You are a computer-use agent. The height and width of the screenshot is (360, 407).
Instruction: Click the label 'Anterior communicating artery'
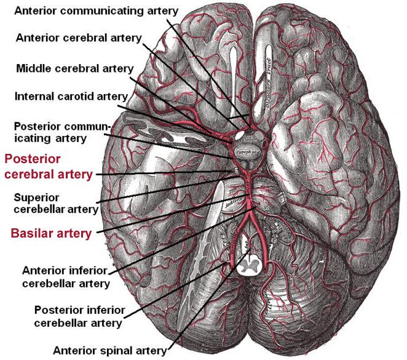[x=97, y=11]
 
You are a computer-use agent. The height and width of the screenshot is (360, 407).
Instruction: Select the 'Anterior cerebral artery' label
[x=78, y=38]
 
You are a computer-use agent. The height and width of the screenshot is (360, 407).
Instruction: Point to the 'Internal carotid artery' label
[x=71, y=96]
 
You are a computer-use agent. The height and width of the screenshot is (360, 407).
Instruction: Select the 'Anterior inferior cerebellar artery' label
[x=65, y=277]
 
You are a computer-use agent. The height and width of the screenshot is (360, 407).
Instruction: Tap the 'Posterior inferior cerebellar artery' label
[x=79, y=316]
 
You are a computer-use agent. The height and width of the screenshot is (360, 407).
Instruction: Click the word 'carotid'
[x=77, y=96]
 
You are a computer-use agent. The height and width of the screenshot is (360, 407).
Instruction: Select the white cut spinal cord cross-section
[x=251, y=265]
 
